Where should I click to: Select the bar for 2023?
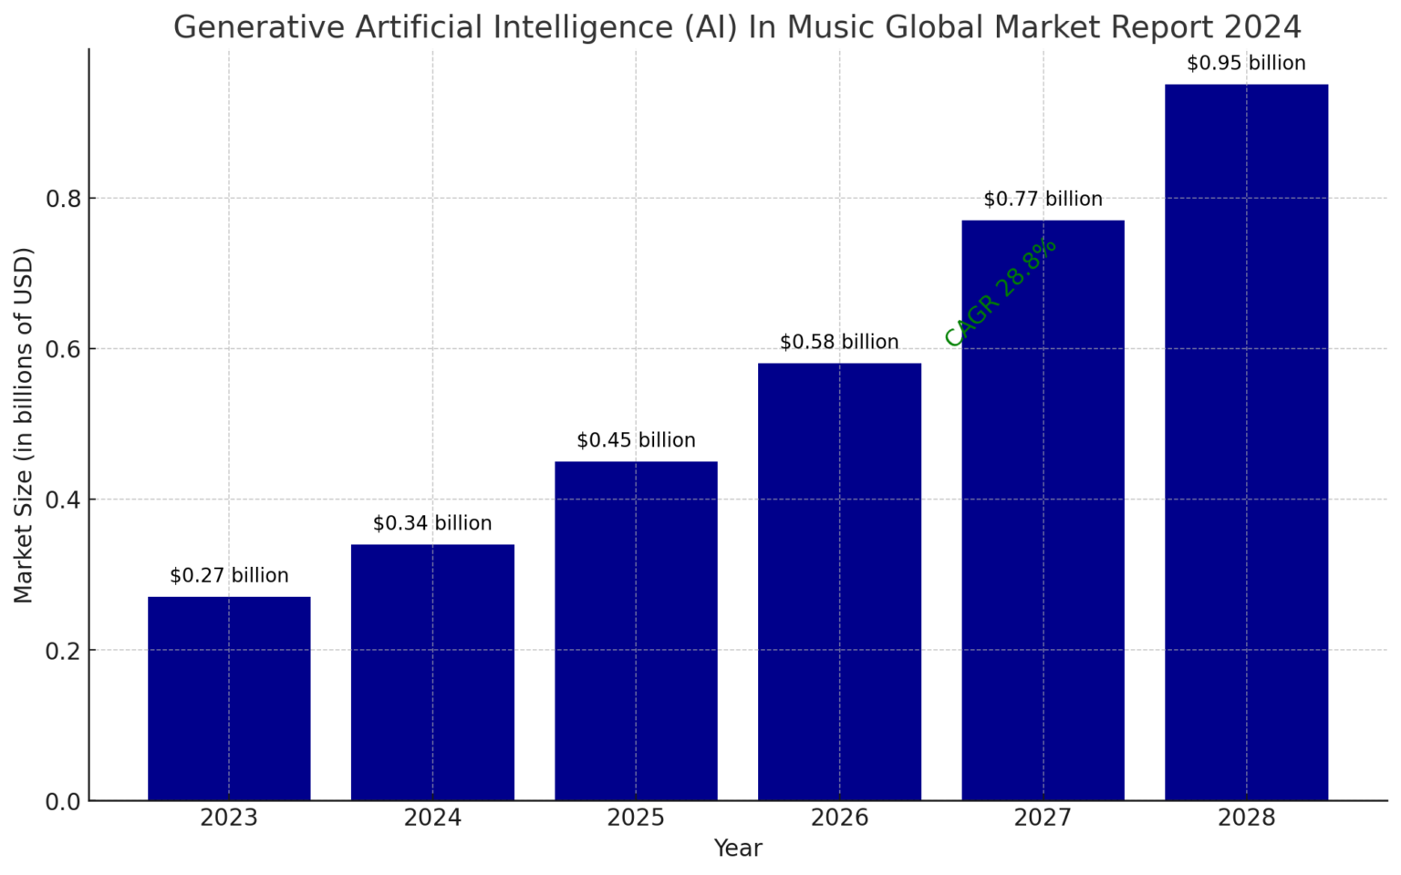[229, 698]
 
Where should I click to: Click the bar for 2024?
[432, 672]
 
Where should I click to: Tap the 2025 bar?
[636, 631]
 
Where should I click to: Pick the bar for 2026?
[839, 582]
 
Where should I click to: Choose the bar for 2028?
[1246, 442]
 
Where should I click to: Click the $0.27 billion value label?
[229, 576]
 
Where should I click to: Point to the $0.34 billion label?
[432, 524]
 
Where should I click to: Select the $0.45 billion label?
[636, 441]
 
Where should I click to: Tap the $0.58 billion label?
[839, 343]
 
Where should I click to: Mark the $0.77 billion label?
[1043, 200]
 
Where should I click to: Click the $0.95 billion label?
[1246, 64]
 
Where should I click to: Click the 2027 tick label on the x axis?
[1043, 818]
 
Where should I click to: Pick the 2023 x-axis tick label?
[229, 818]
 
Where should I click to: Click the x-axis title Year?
[737, 849]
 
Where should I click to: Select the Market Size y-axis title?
[24, 425]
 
